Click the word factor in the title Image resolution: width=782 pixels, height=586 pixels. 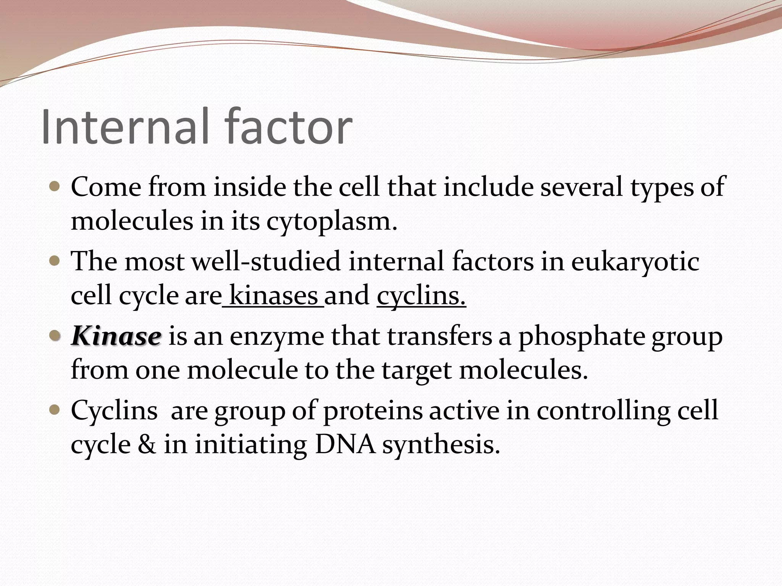point(288,127)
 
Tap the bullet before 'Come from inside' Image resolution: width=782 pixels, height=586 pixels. point(55,187)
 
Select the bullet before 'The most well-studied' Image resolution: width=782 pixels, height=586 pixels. point(55,261)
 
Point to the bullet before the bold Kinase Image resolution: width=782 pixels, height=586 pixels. point(55,336)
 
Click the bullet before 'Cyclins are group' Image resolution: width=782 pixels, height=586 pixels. point(55,411)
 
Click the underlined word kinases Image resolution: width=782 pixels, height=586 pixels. point(274,296)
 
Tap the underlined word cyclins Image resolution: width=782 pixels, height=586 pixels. point(421,296)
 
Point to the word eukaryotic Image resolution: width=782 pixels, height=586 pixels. point(635,262)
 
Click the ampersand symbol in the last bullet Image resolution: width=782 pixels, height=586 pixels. point(147,445)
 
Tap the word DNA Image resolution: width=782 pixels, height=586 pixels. point(345,445)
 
